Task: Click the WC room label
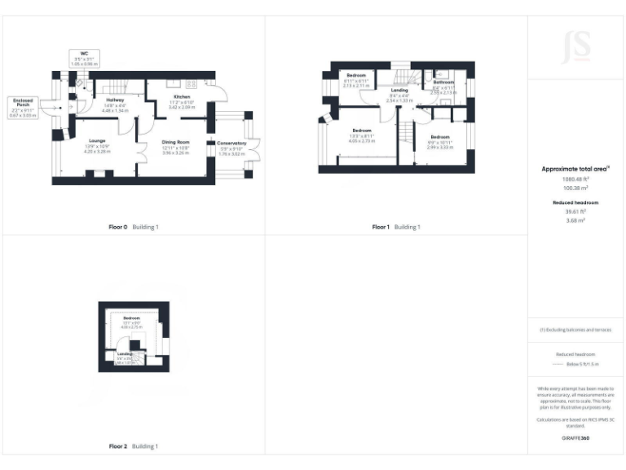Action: (x=83, y=55)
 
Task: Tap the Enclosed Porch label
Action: (x=21, y=102)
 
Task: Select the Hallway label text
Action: (x=114, y=100)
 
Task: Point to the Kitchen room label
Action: (x=181, y=96)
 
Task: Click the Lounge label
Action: (x=98, y=141)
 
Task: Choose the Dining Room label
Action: (x=175, y=142)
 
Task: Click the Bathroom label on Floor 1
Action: (x=443, y=82)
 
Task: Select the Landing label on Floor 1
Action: (x=399, y=90)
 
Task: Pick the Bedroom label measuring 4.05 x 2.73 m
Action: (x=362, y=131)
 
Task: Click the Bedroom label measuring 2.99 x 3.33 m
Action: (x=440, y=136)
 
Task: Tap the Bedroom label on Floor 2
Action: (x=131, y=317)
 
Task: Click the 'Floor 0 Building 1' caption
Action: (x=134, y=226)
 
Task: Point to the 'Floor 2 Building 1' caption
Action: (x=134, y=446)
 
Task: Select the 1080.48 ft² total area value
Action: (x=575, y=179)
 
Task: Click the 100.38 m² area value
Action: (x=575, y=187)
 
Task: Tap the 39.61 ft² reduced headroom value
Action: (x=575, y=211)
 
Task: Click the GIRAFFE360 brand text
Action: (x=575, y=440)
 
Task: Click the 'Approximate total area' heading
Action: (x=575, y=169)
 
